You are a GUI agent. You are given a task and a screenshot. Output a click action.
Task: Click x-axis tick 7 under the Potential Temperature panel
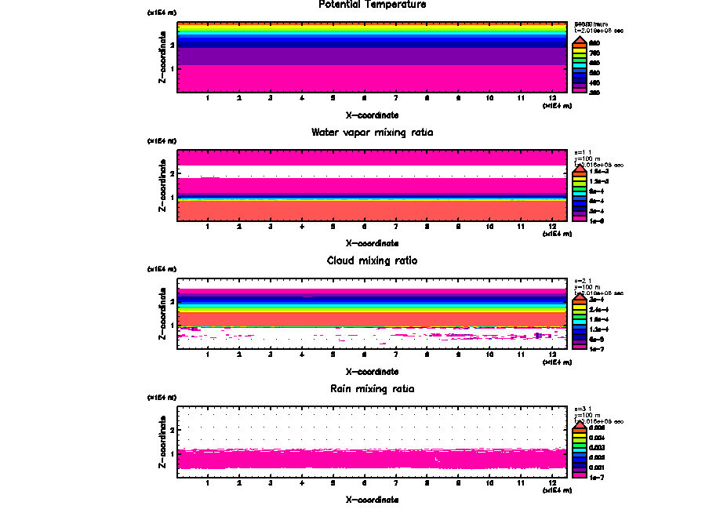tap(396, 98)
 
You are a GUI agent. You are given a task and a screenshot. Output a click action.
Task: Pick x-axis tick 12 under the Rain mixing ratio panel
tap(553, 483)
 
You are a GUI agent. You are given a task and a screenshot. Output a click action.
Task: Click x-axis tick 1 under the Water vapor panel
tap(208, 227)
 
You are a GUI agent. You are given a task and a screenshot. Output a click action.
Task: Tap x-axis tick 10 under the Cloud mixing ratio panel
tap(490, 355)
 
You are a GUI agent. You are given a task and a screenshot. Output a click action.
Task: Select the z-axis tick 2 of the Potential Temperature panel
tap(172, 45)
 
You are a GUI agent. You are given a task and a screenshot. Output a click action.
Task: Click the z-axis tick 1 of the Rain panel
tap(172, 454)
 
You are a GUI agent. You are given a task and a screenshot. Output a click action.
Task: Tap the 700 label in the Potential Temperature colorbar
tap(594, 53)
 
